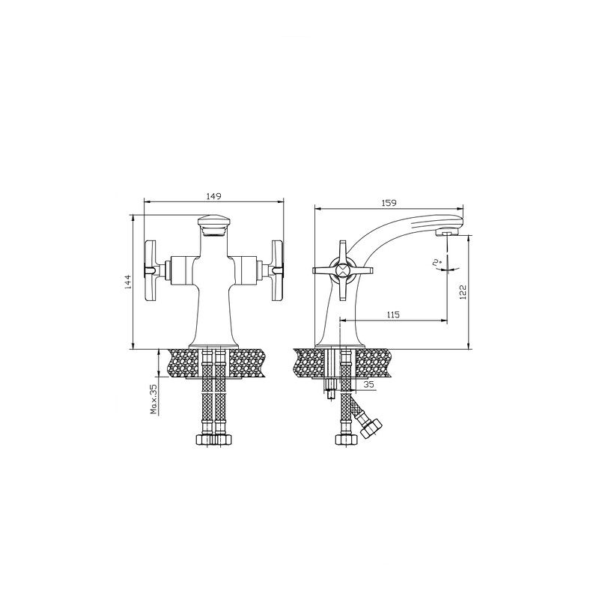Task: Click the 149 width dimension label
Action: [x=214, y=196]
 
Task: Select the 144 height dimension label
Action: [x=128, y=282]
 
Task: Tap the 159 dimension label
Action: [x=389, y=203]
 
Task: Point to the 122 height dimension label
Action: [x=463, y=292]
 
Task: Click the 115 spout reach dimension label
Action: [x=393, y=314]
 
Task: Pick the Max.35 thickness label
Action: [x=154, y=400]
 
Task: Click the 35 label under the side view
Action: [x=368, y=385]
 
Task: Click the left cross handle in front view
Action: [x=150, y=270]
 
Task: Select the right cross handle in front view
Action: [x=277, y=270]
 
